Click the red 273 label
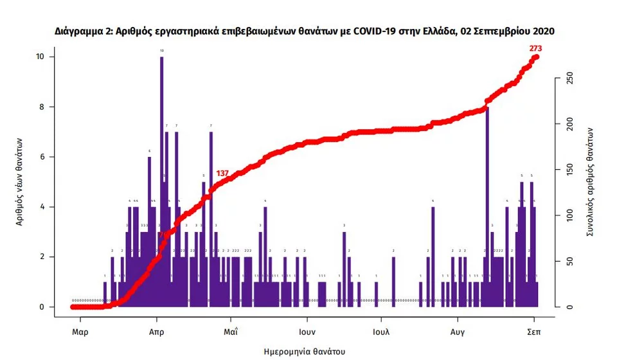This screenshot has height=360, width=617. point(535,48)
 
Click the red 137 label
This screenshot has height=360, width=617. point(223,174)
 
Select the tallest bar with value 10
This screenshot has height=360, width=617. point(162,180)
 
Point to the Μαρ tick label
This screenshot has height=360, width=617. point(80,332)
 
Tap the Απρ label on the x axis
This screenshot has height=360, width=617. point(156,332)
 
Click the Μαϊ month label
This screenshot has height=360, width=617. point(231,332)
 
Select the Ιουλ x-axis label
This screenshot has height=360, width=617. point(382,332)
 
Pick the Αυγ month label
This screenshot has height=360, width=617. point(458,332)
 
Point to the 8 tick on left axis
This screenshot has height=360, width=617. point(42,107)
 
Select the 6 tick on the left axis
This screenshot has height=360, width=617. point(42,157)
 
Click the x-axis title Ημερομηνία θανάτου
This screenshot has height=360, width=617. point(305,351)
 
